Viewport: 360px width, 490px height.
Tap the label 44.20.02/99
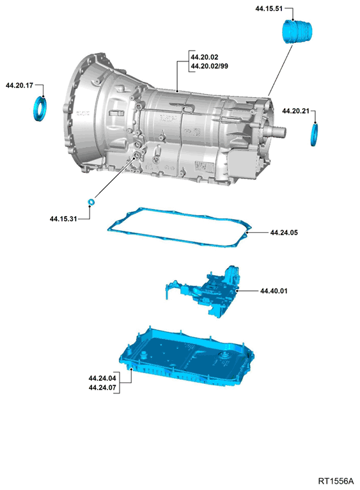[x=209, y=66]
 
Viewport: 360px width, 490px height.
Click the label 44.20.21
[x=295, y=111]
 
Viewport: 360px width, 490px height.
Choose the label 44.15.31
[x=63, y=219]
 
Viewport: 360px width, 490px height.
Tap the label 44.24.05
[x=284, y=233]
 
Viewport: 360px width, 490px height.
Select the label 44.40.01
[x=274, y=291]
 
